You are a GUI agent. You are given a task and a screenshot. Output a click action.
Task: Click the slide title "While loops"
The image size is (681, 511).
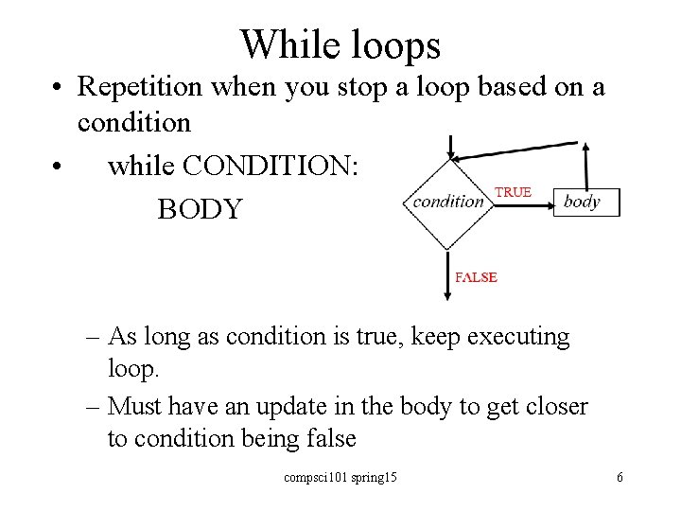pyautogui.click(x=340, y=44)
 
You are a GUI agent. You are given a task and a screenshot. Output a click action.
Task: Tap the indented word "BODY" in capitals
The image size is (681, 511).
pyautogui.click(x=200, y=208)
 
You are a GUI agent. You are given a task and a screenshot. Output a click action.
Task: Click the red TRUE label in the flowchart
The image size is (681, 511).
pyautogui.click(x=513, y=192)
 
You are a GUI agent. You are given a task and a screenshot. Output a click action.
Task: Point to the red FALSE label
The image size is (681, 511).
pyautogui.click(x=476, y=277)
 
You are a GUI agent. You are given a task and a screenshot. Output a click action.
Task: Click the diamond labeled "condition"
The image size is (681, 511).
pyautogui.click(x=448, y=202)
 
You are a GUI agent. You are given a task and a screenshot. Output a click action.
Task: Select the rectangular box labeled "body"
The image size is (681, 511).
pyautogui.click(x=585, y=202)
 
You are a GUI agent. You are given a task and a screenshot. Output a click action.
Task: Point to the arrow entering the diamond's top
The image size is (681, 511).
pyautogui.click(x=453, y=147)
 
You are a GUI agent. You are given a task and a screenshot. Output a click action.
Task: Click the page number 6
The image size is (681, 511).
pyautogui.click(x=620, y=477)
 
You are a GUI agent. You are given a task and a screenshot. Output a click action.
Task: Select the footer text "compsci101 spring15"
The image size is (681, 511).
pyautogui.click(x=340, y=477)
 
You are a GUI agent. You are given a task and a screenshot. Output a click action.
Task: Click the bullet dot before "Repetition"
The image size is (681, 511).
pyautogui.click(x=59, y=88)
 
